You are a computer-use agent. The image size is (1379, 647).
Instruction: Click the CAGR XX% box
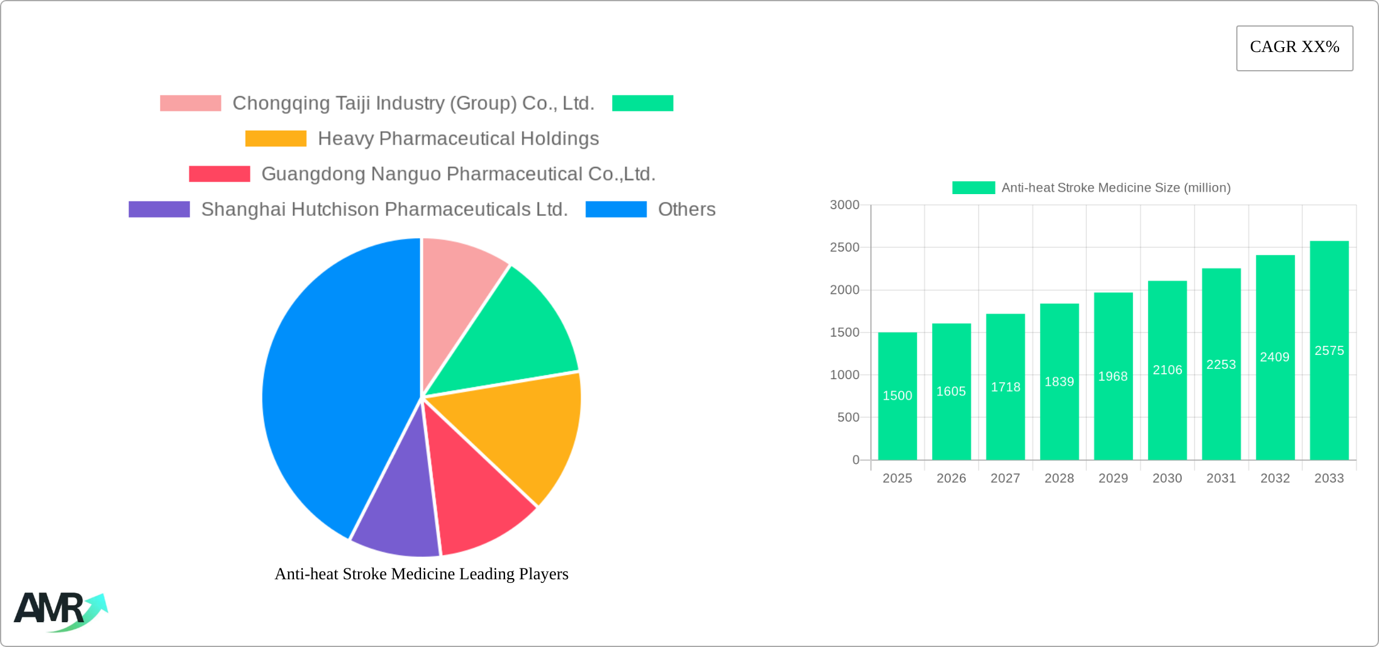1294,48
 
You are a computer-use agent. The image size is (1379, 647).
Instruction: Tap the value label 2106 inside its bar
1167,370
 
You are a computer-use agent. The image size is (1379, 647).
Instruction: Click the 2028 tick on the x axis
1059,478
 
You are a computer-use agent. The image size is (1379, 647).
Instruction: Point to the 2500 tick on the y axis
844,247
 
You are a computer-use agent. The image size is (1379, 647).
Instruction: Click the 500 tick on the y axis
848,417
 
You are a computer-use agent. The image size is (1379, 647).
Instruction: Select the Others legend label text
686,209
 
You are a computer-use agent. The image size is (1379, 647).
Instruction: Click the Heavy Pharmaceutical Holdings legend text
458,138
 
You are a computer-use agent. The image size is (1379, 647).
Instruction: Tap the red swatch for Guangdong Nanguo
220,174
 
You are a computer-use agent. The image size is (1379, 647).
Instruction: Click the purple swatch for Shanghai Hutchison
159,209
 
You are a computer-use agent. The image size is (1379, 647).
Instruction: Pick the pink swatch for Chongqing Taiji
191,103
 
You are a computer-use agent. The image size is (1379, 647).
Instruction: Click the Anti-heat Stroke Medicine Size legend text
1115,187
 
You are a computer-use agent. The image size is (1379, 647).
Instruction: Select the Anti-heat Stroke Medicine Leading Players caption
422,574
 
